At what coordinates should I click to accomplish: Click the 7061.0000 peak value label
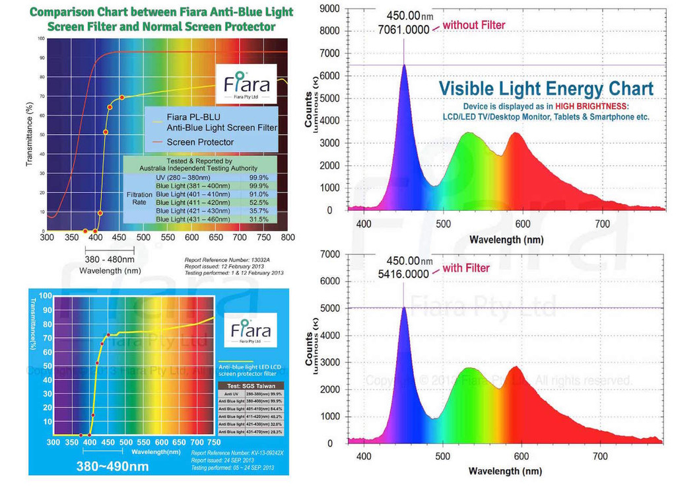404,30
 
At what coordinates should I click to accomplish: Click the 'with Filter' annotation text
466,268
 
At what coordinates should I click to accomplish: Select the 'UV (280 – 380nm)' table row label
182,178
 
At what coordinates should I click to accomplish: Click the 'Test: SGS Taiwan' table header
250,386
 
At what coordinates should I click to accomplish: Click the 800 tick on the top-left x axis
288,237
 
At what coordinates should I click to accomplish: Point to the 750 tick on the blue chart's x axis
215,442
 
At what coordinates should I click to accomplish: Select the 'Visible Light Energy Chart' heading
547,89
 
